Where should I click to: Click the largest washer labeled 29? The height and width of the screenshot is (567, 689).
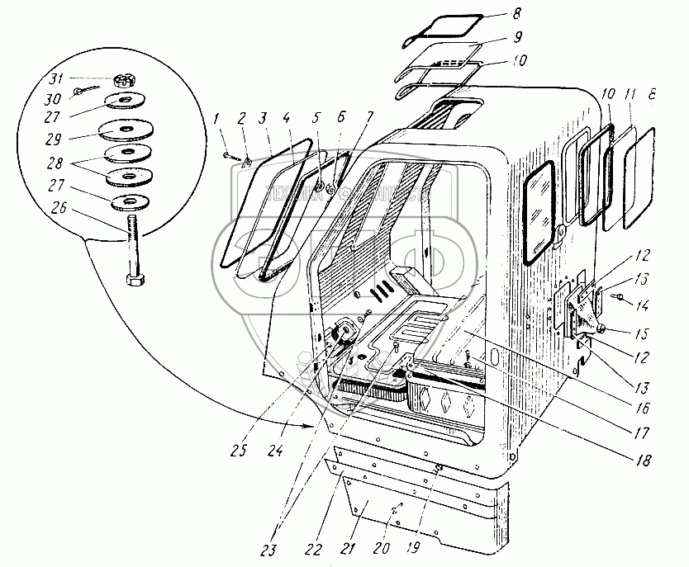tap(127, 132)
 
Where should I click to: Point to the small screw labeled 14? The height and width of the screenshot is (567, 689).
tap(618, 292)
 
